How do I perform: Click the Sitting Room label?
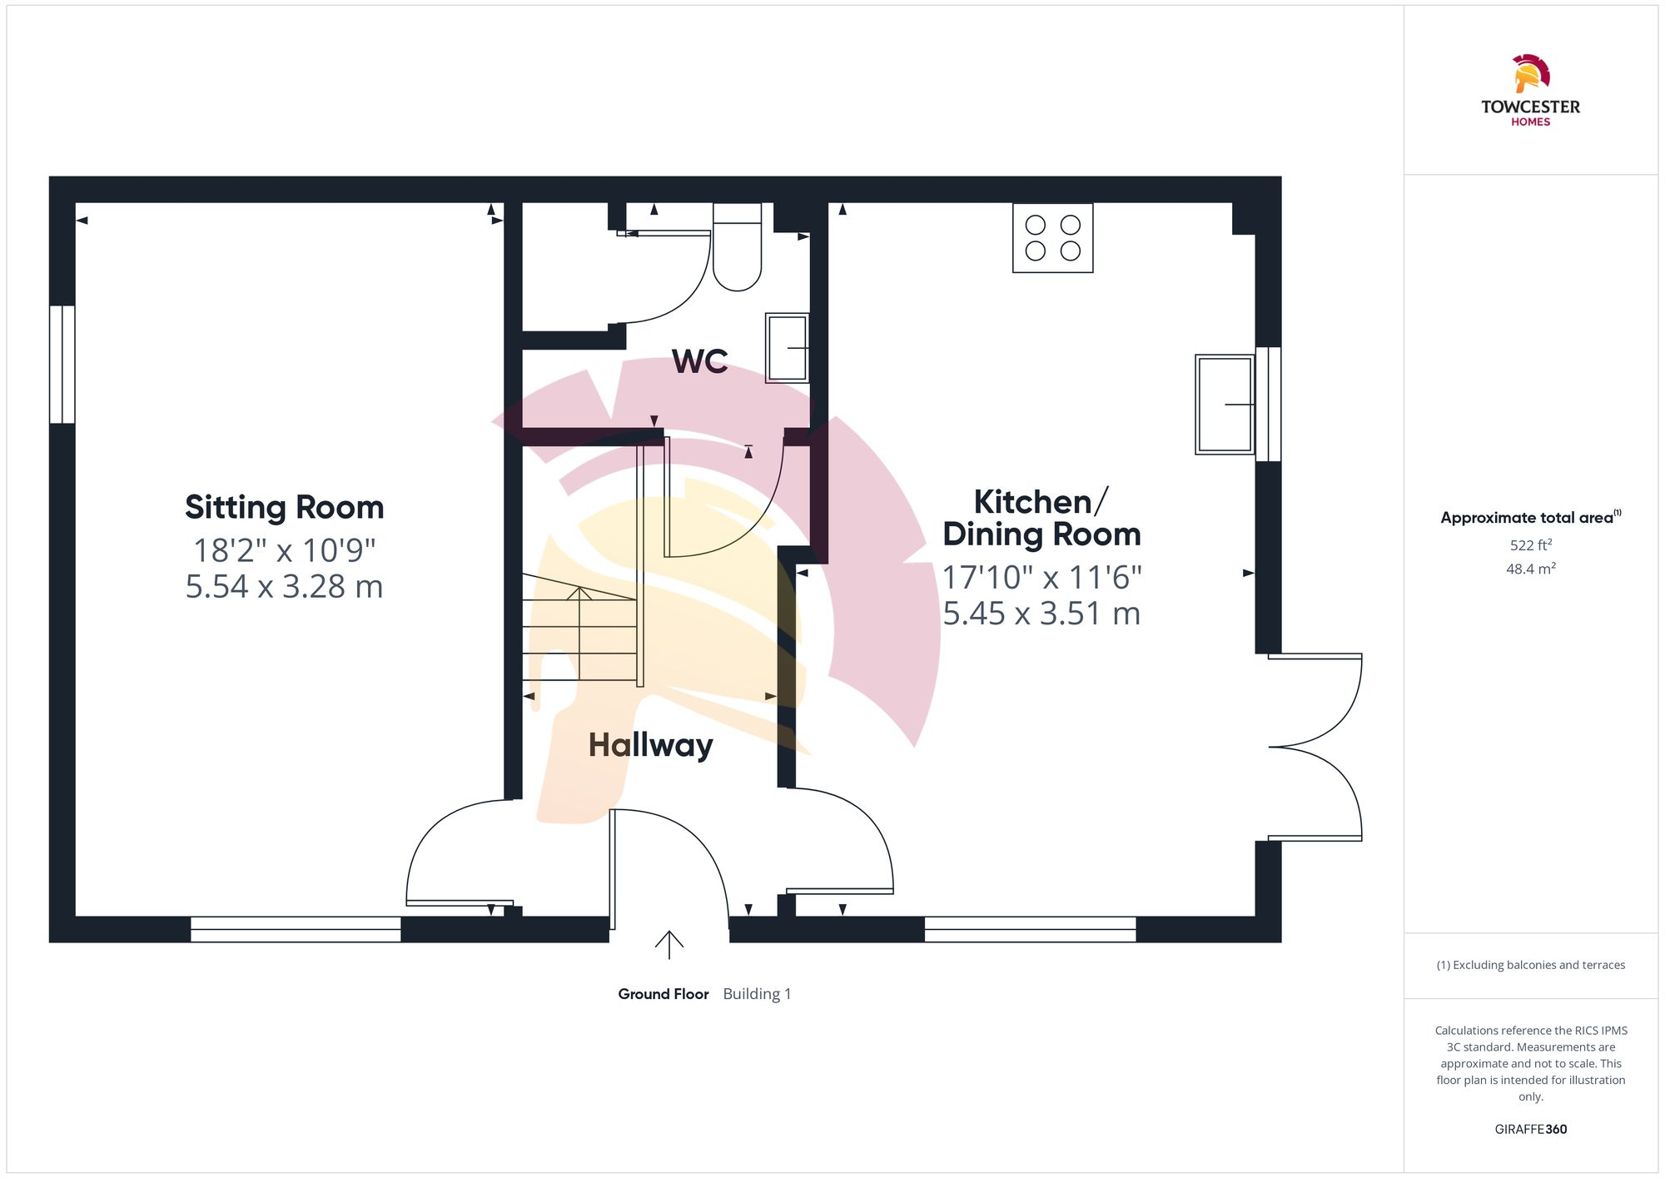pyautogui.click(x=284, y=507)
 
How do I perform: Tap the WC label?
pyautogui.click(x=699, y=361)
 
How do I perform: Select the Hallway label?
pyautogui.click(x=650, y=745)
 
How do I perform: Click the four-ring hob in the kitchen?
pyautogui.click(x=1052, y=237)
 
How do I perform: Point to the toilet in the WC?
pyautogui.click(x=737, y=248)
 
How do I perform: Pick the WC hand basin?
pyautogui.click(x=787, y=347)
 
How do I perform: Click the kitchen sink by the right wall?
pyautogui.click(x=1225, y=405)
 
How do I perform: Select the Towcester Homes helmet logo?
pyautogui.click(x=1530, y=74)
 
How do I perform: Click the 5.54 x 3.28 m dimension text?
pyautogui.click(x=284, y=587)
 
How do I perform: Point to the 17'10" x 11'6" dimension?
pyautogui.click(x=1041, y=577)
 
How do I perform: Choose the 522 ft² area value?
pyautogui.click(x=1530, y=545)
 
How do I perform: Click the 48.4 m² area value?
pyautogui.click(x=1530, y=569)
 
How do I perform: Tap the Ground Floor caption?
pyautogui.click(x=663, y=994)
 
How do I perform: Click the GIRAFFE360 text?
pyautogui.click(x=1530, y=1130)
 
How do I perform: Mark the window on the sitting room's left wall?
pyautogui.click(x=62, y=364)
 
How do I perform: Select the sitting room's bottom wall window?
pyautogui.click(x=296, y=929)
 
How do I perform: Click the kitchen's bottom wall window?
pyautogui.click(x=1030, y=929)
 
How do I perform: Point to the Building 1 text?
pyautogui.click(x=757, y=994)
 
